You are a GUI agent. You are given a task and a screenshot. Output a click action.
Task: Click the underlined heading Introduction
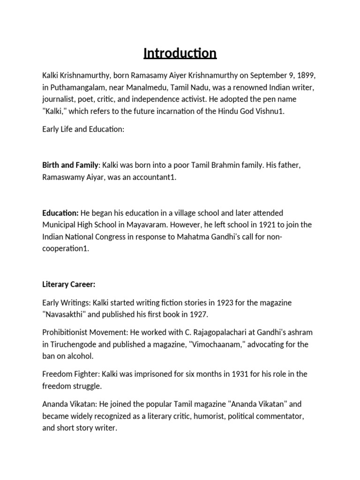[180, 53]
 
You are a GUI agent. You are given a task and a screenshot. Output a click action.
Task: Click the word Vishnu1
[269, 112]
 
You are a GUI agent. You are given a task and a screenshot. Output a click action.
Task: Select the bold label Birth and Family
[70, 166]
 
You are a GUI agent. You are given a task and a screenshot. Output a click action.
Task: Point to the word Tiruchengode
[74, 345]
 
